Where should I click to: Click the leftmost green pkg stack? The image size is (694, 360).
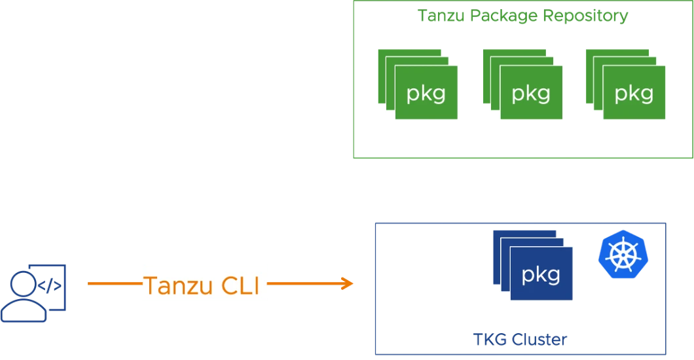point(418,84)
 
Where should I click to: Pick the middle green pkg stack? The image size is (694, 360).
point(522,84)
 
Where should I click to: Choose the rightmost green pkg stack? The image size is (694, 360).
point(625,84)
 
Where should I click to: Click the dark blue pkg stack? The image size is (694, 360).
point(533,265)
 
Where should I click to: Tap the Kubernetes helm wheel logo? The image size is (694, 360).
point(623,255)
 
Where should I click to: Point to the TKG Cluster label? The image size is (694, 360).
point(520,340)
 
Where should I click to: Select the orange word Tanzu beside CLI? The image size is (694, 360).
point(179,285)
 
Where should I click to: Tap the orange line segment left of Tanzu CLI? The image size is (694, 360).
point(115,283)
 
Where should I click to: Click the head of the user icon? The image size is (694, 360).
point(24,284)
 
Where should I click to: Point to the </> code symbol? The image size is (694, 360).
point(50,285)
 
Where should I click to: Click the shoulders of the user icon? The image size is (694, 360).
point(24,310)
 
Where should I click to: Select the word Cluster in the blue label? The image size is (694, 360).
point(539,340)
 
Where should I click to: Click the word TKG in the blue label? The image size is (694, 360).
point(490,340)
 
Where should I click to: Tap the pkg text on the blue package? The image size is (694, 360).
point(541,276)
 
